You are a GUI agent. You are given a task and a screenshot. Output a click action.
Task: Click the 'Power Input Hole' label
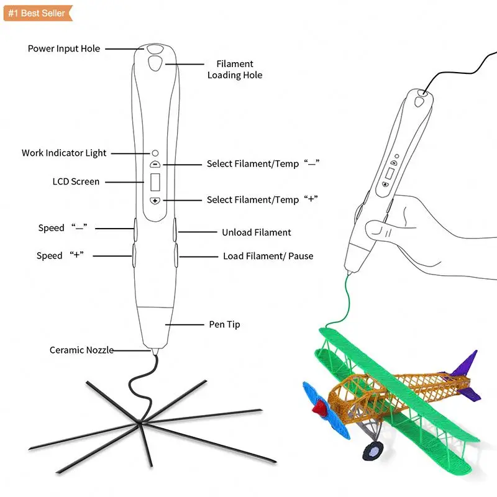[63, 48]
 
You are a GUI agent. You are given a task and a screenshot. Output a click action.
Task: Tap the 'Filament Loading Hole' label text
[235, 70]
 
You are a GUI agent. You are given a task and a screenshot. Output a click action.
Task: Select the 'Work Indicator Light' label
[64, 153]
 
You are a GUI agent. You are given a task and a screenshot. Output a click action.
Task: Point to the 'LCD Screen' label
[76, 181]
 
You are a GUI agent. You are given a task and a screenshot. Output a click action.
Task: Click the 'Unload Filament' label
[256, 232]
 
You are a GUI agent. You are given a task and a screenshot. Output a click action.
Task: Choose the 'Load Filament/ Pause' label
[268, 256]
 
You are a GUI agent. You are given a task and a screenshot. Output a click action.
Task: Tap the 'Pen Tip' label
[224, 324]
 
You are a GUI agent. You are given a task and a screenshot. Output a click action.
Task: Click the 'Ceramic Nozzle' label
[81, 350]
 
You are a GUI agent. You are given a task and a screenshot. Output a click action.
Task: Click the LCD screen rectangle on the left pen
[155, 182]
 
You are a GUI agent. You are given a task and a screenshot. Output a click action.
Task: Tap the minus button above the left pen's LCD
[155, 165]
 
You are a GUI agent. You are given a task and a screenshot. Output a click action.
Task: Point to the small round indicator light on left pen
[155, 153]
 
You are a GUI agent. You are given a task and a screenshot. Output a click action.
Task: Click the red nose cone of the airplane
[319, 408]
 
